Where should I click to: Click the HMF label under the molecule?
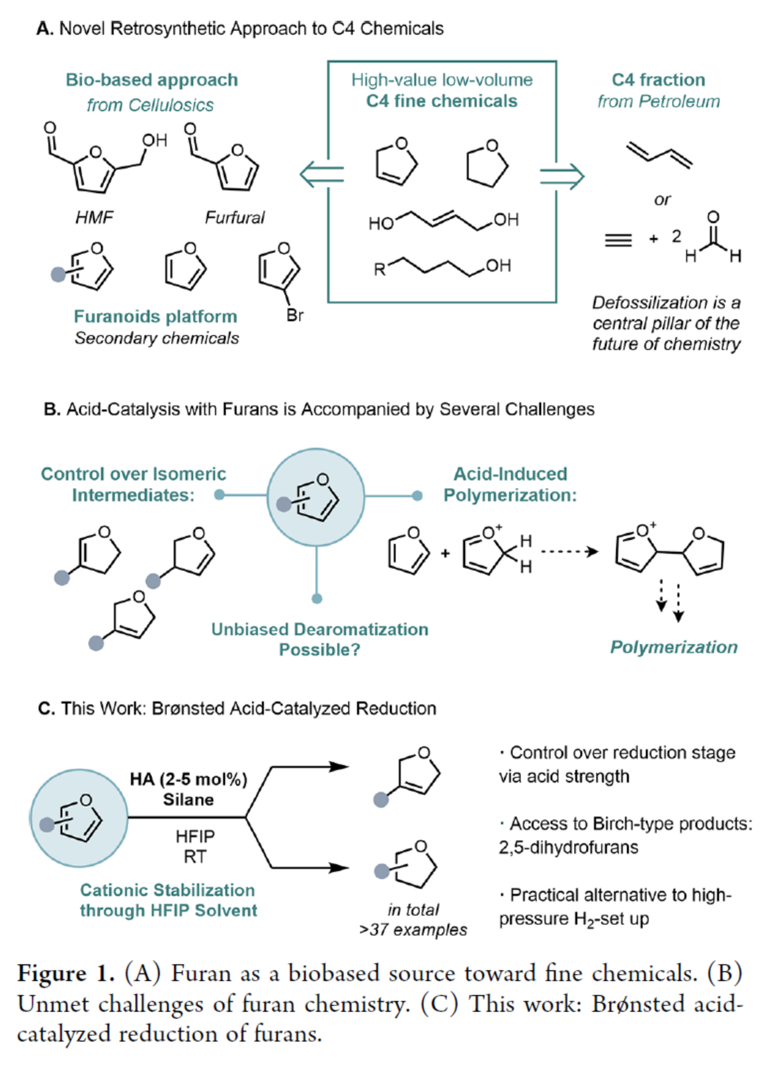tap(94, 217)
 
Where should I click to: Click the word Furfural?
tap(234, 217)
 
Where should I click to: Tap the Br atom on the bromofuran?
tap(295, 315)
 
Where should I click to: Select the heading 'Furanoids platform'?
tap(155, 317)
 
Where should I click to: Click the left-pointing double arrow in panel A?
tap(321, 175)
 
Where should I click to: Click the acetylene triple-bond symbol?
tap(618, 240)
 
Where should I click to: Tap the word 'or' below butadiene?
tap(662, 199)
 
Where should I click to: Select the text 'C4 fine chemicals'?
tap(442, 101)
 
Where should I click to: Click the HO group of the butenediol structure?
tap(381, 223)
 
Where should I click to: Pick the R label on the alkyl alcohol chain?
tap(380, 270)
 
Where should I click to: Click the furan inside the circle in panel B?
tap(316, 498)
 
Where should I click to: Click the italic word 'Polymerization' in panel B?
tap(673, 647)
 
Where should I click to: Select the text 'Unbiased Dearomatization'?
tap(319, 629)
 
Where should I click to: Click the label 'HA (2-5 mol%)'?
tap(188, 779)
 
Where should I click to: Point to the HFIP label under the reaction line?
tap(195, 837)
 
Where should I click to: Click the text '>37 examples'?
tap(413, 930)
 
